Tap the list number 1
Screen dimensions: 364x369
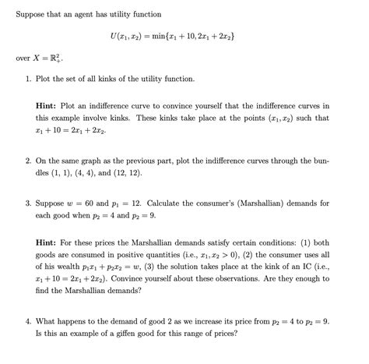(x=28, y=80)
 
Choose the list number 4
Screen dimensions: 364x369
(x=28, y=320)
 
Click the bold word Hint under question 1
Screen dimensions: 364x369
(x=50, y=104)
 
